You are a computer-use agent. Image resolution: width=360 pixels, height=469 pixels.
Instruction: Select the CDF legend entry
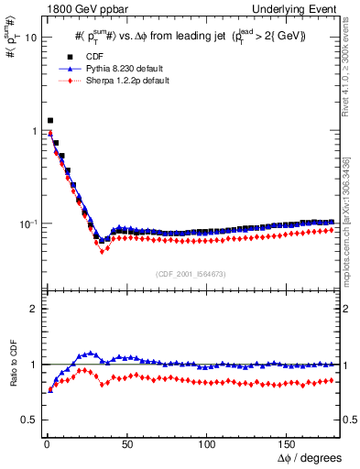[89, 56]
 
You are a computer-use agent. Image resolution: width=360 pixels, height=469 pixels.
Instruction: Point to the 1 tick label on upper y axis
[34, 131]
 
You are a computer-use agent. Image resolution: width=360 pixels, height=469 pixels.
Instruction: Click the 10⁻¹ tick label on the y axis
[28, 224]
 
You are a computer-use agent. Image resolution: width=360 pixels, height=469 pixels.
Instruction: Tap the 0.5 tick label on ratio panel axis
[29, 420]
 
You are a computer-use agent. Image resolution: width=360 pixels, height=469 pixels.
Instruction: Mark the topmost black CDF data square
[49, 120]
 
